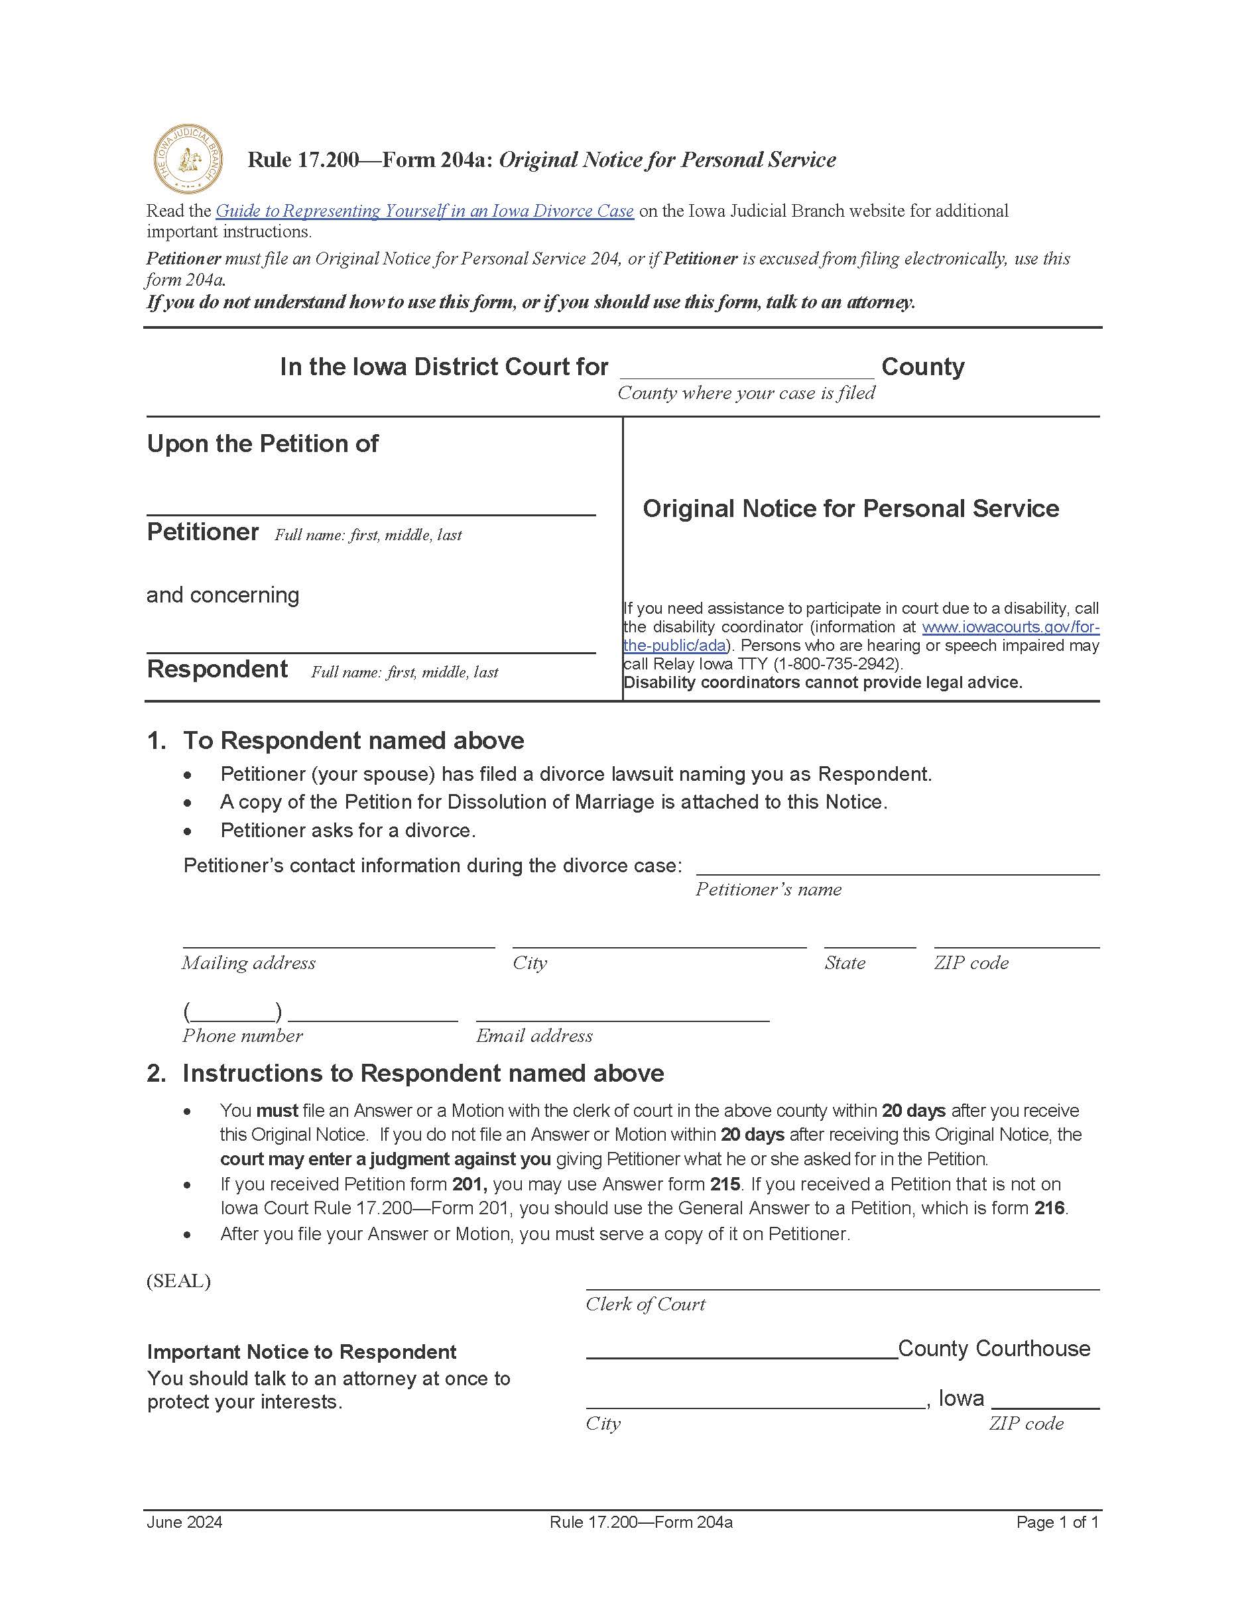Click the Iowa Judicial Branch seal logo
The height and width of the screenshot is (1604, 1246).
[188, 158]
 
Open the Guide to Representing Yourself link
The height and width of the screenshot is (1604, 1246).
[424, 211]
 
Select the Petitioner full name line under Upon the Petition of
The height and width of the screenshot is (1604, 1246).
[370, 507]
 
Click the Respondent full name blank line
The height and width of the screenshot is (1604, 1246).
[370, 644]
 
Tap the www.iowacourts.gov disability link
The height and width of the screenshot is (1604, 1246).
[1010, 627]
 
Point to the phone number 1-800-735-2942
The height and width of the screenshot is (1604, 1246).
[839, 664]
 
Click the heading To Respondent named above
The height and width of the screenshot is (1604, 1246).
[353, 740]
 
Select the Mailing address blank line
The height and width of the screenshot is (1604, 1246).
[338, 940]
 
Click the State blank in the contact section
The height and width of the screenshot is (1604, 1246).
[869, 940]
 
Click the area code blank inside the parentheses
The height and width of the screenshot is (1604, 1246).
[232, 1013]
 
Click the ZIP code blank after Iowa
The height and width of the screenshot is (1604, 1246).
[1044, 1401]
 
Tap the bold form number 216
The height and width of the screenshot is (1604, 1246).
[1050, 1208]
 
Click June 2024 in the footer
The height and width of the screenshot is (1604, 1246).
[184, 1522]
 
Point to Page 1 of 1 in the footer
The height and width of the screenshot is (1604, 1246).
[1056, 1522]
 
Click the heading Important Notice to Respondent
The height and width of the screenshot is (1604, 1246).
[301, 1351]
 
